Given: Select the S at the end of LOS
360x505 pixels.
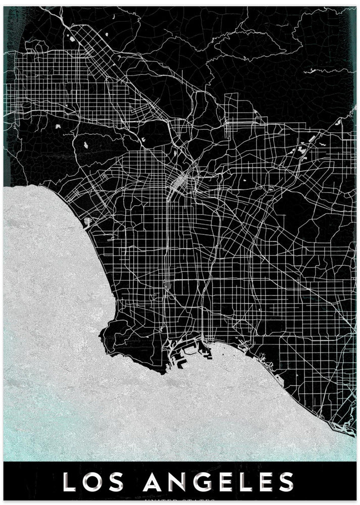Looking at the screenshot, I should pyautogui.click(x=119, y=482).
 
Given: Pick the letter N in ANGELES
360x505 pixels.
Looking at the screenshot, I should pyautogui.click(x=176, y=482).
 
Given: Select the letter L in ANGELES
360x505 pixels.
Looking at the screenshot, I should pyautogui.click(x=247, y=482).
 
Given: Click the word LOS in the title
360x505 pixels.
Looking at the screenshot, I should pyautogui.click(x=94, y=482).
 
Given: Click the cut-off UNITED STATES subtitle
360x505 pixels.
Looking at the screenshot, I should pyautogui.click(x=180, y=501).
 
